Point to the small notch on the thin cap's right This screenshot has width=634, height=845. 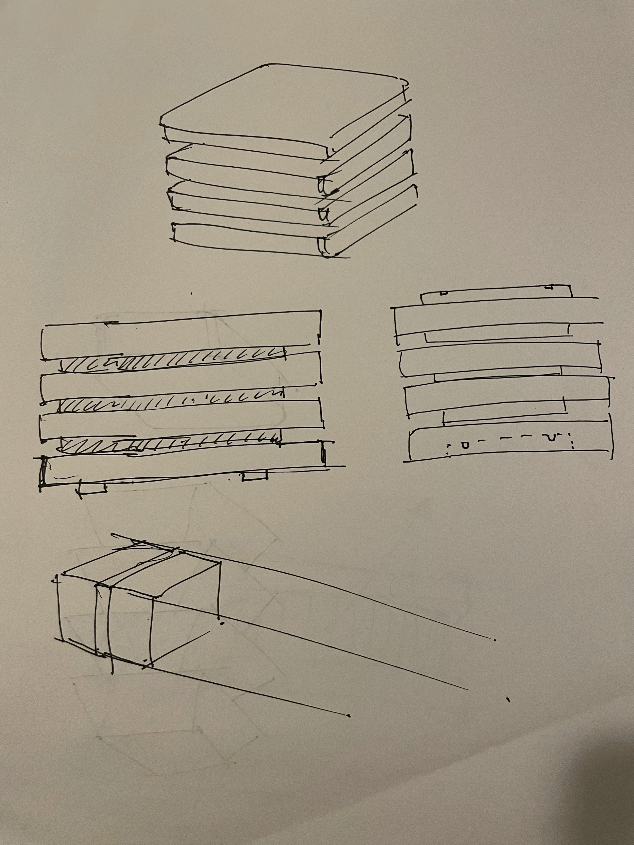coord(550,286)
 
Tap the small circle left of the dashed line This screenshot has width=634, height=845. coord(464,445)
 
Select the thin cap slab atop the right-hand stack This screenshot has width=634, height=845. coord(497,294)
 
